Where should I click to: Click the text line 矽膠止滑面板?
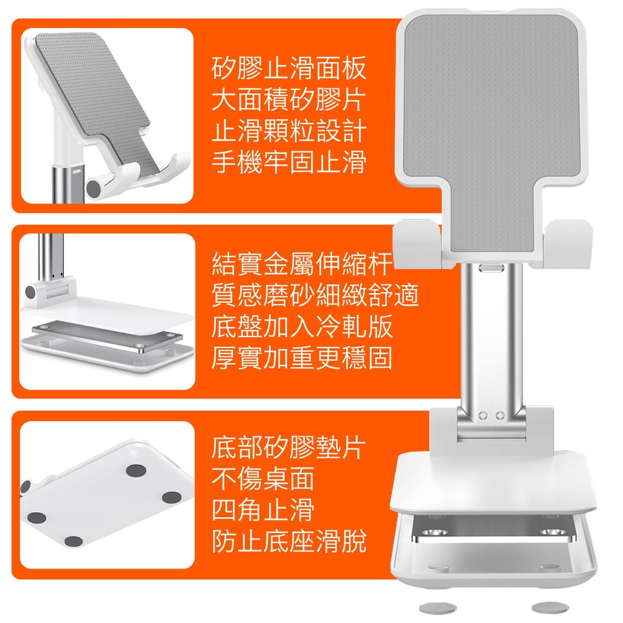(x=289, y=68)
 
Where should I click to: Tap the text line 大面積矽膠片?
(x=289, y=99)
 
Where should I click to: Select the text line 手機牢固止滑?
(x=289, y=162)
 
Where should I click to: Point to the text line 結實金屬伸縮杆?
(x=302, y=264)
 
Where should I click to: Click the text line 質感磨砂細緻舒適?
(x=315, y=295)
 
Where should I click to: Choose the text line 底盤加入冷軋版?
(x=302, y=327)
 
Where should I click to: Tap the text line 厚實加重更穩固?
(x=302, y=358)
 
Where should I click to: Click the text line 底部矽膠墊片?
(x=289, y=448)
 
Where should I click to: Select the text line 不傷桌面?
(x=263, y=479)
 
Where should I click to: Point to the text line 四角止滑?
(x=263, y=510)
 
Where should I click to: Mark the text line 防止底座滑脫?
(x=289, y=541)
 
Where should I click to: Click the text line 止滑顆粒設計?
(x=289, y=131)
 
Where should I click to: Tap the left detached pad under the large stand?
(x=438, y=608)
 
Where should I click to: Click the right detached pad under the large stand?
(x=550, y=607)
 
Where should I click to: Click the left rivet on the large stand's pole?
(x=483, y=416)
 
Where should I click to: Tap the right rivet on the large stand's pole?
(x=500, y=416)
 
